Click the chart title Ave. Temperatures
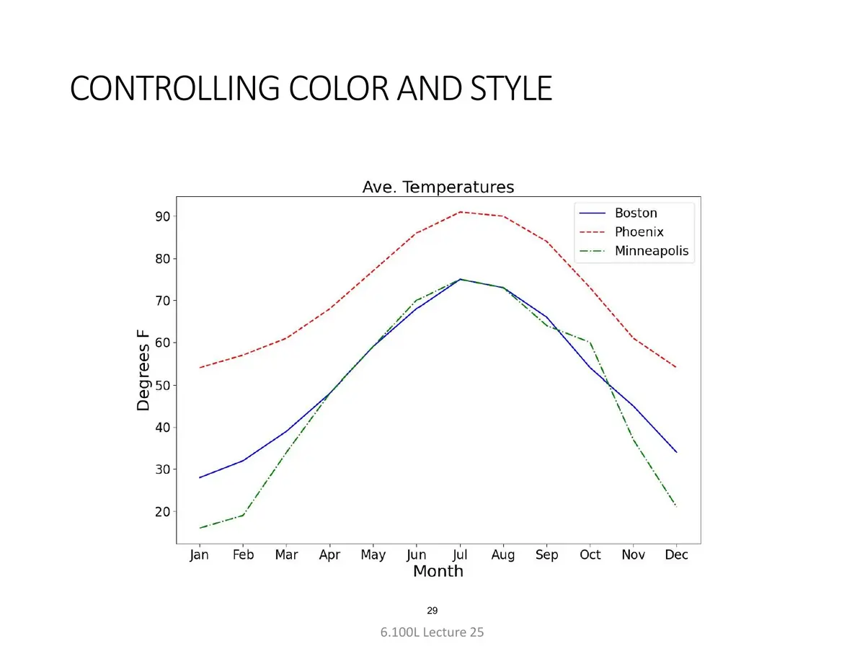pyautogui.click(x=438, y=187)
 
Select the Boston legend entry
pyautogui.click(x=618, y=213)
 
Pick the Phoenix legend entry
pyautogui.click(x=621, y=231)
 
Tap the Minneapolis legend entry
pyautogui.click(x=634, y=251)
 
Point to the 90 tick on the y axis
pyautogui.click(x=163, y=216)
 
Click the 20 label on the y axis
pyautogui.click(x=163, y=512)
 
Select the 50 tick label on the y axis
pyautogui.click(x=163, y=385)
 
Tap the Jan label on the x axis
pyautogui.click(x=199, y=555)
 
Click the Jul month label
pyautogui.click(x=460, y=555)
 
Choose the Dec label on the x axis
pyautogui.click(x=676, y=555)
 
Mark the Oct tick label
pyautogui.click(x=590, y=555)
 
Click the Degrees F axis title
pyautogui.click(x=143, y=371)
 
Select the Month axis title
pyautogui.click(x=438, y=571)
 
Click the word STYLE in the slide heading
pyautogui.click(x=511, y=88)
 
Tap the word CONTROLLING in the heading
pyautogui.click(x=175, y=88)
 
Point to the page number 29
pyautogui.click(x=432, y=610)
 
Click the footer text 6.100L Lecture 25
pyautogui.click(x=432, y=632)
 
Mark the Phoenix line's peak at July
pyautogui.click(x=460, y=212)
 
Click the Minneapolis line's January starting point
pyautogui.click(x=200, y=528)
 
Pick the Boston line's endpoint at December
pyautogui.click(x=677, y=452)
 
